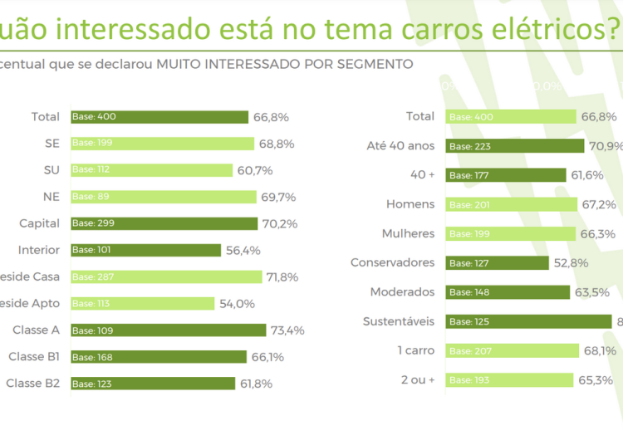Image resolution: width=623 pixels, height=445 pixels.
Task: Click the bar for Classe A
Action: coord(168,330)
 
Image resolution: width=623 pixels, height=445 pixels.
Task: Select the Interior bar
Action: coord(145,250)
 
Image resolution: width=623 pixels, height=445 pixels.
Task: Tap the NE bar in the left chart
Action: coord(163,197)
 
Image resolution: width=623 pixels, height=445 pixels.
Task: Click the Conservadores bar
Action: coord(497,263)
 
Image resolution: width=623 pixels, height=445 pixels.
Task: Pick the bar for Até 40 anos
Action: coord(514,146)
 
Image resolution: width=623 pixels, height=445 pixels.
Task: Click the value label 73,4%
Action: coord(287,330)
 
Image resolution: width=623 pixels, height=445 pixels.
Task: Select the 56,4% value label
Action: coord(243,250)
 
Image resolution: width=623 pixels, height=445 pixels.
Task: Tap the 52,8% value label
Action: coord(571,263)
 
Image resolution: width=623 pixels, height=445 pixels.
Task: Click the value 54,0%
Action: coord(237,304)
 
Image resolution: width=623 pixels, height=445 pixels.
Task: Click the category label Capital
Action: coord(40,223)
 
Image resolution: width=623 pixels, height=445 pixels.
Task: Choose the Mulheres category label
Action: coord(408,233)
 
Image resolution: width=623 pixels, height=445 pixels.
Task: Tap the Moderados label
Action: coord(403,292)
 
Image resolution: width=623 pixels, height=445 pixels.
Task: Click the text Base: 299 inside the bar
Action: coord(94,223)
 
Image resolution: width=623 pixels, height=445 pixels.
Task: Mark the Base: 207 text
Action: coord(471,351)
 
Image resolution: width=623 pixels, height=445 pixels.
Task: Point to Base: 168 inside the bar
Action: coord(94,357)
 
